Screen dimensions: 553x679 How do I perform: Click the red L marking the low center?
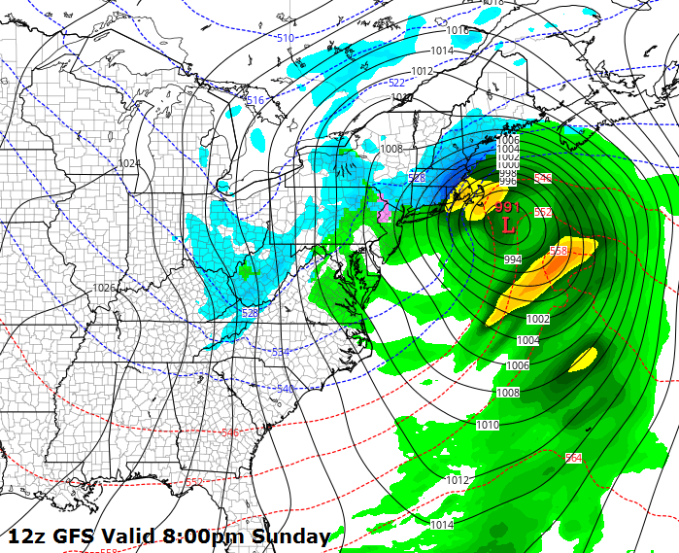508,225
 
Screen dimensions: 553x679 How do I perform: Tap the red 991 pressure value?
507,207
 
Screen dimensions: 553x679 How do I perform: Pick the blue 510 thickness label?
285,38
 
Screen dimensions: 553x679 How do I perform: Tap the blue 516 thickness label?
255,100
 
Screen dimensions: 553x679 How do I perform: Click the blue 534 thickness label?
281,352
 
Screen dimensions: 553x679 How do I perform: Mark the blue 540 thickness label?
286,389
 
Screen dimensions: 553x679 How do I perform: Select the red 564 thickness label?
573,457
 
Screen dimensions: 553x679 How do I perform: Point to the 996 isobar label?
507,181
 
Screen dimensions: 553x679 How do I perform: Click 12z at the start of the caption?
26,536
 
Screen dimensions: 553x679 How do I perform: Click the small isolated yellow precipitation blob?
583,360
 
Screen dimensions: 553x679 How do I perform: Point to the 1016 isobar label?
458,31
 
